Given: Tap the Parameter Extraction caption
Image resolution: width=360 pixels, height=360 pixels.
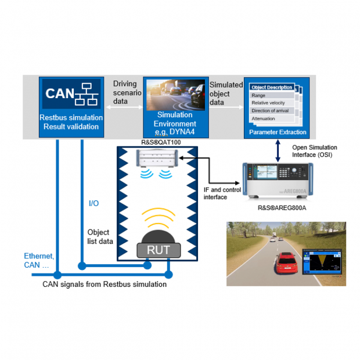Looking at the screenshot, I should (278, 132).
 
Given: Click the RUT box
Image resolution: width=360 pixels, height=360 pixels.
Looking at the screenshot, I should (159, 250).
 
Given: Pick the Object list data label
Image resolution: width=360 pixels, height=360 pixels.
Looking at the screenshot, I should (98, 236).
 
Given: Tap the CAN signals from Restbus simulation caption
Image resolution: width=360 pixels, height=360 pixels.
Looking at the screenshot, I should (105, 285).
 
